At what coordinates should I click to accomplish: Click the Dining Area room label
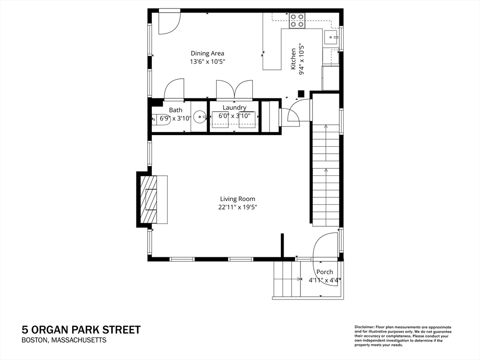coord(207,53)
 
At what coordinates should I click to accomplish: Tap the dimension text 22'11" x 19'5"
coord(238,207)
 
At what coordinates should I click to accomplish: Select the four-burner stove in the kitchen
coord(297,21)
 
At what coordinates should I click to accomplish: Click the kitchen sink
coord(330,37)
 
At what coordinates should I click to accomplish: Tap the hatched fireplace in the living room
coord(149,199)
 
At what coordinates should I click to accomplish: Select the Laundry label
coord(234,107)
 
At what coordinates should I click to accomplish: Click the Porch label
coord(324,272)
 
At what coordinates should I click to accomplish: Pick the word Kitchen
coord(293,59)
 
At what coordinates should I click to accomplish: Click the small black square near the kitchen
coord(301,94)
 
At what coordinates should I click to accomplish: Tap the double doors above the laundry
coord(234,90)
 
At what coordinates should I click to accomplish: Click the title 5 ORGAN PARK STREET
coord(81,330)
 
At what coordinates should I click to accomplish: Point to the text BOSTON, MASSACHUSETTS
coord(64,340)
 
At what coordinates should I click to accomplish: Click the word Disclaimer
coord(364,327)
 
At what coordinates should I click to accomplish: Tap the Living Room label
coord(238,199)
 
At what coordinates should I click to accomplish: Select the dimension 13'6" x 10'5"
coord(208,61)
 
